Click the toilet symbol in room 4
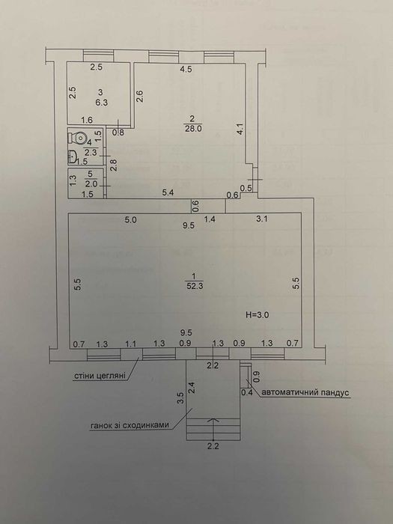point(78,137)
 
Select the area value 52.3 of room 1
point(195,286)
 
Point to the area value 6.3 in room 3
point(101,103)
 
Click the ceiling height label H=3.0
point(258,314)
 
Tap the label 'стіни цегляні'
point(100,376)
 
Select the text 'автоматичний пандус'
point(305,392)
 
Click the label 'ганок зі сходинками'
point(130,425)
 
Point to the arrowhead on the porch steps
point(213,419)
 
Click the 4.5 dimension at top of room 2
point(186,70)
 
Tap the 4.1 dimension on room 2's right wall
point(240,130)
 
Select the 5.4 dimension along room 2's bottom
point(168,192)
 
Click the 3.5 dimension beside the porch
point(180,399)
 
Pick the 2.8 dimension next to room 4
point(114,165)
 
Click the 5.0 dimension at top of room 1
point(131,220)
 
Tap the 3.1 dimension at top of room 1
point(262,219)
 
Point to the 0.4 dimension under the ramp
point(247,393)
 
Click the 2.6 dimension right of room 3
point(140,97)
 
